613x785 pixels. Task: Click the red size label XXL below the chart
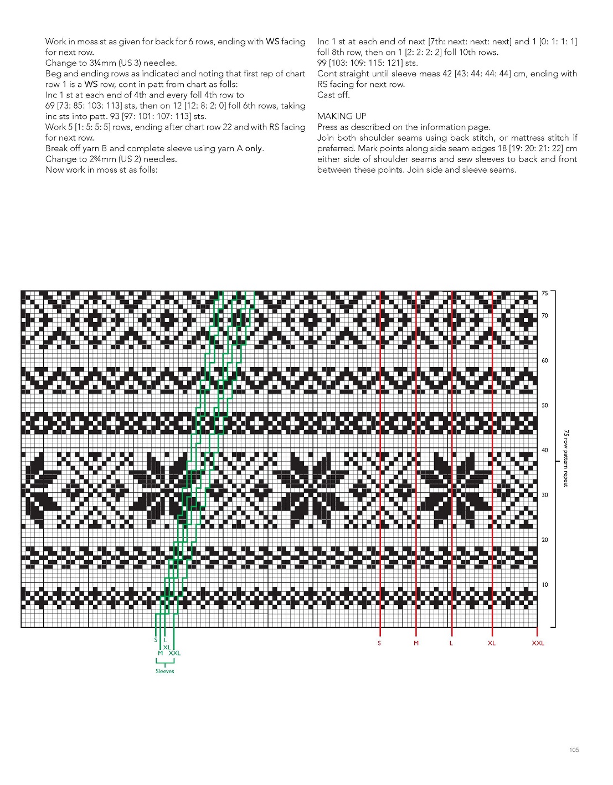point(538,643)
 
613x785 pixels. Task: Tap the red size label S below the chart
point(379,643)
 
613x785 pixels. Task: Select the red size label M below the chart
point(416,643)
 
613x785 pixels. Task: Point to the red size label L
point(451,643)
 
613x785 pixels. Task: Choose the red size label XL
point(492,643)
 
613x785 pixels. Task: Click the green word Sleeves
point(164,672)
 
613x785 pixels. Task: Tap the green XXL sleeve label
point(174,653)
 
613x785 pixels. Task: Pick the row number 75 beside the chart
point(545,293)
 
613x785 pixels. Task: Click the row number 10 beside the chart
point(545,585)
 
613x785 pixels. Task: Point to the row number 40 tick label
point(545,451)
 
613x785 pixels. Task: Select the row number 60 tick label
point(545,361)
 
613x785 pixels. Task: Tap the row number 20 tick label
point(545,540)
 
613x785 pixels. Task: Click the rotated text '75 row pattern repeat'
point(565,458)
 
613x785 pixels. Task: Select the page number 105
point(574,750)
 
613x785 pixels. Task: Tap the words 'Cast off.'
point(333,95)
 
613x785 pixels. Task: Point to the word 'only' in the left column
point(254,148)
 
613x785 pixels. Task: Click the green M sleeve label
point(160,653)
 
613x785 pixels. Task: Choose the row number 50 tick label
point(545,406)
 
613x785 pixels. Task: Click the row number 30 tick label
point(545,495)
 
